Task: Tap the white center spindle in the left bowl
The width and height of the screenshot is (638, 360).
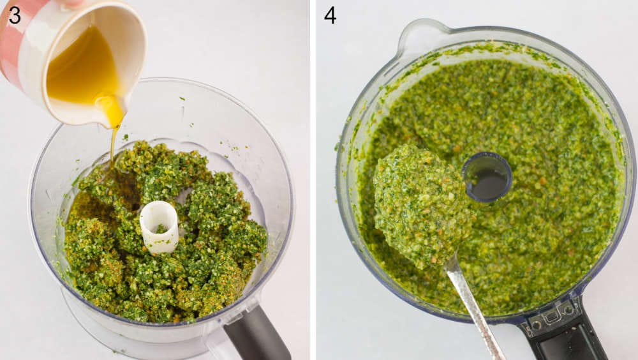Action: [159, 226]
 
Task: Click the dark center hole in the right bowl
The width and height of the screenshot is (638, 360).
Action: [487, 177]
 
